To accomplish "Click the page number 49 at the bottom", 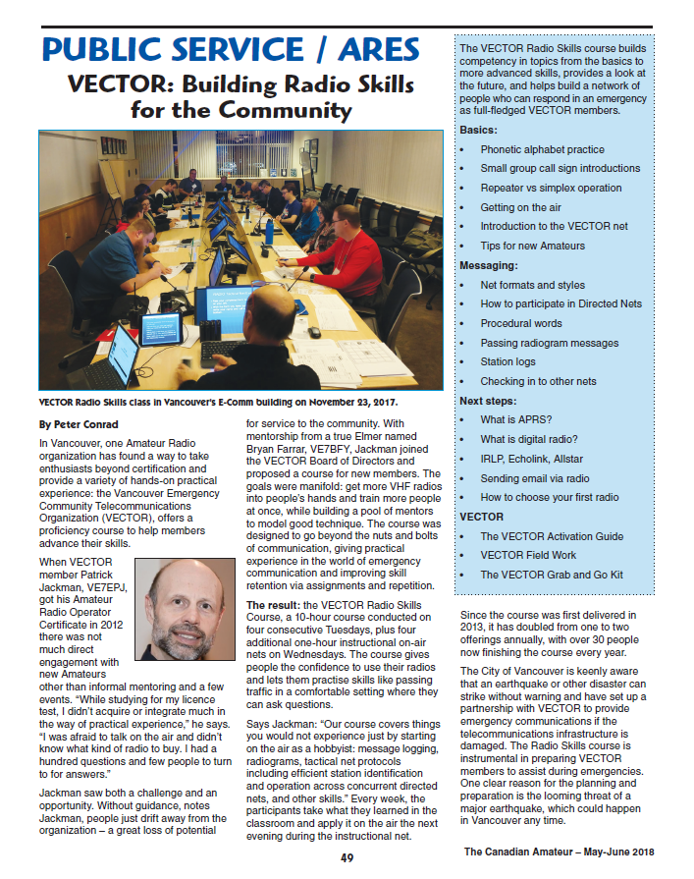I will [347, 858].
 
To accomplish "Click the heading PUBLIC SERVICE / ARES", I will [232, 48].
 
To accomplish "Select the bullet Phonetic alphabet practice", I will [542, 149].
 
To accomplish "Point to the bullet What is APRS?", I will [516, 419].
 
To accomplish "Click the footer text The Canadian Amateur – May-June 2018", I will [560, 852].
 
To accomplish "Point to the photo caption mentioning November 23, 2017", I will [218, 403].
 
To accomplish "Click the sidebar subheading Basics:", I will [478, 130].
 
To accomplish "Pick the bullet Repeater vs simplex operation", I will [551, 188].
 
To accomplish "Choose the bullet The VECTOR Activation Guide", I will [552, 536].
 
